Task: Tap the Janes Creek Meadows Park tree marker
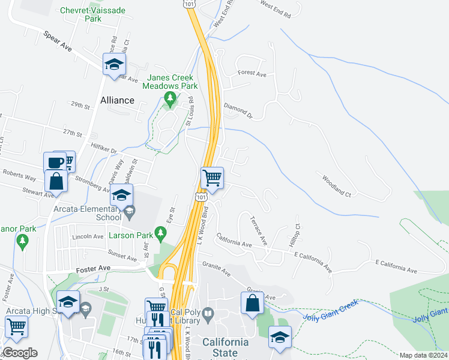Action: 170,98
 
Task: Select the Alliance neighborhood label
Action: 118,100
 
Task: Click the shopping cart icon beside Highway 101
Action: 211,178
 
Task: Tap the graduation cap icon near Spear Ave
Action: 114,64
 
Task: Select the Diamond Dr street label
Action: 238,109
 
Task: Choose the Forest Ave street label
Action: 252,73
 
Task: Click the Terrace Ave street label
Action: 259,230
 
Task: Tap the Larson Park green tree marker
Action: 160,232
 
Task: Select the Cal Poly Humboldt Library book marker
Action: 208,313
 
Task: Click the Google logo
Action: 20,353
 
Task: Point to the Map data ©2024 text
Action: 423,355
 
